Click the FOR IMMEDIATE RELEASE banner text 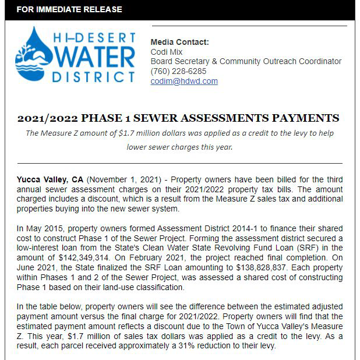70,10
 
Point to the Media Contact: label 179,42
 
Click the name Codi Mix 166,52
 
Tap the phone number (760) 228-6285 178,71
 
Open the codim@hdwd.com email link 184,81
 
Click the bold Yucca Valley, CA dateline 50,179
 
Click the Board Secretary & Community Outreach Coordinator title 246,61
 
